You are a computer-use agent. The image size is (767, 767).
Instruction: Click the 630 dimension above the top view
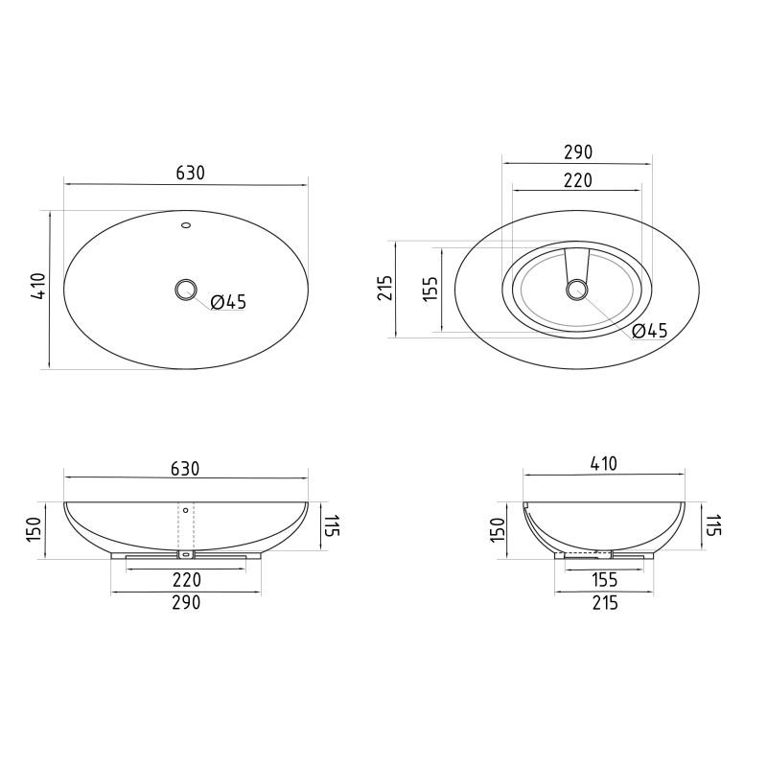[190, 174]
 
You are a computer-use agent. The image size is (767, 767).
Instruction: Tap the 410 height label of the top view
[38, 286]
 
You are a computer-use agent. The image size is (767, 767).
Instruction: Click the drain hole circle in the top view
[186, 290]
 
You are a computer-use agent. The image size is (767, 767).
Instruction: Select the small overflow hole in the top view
[186, 225]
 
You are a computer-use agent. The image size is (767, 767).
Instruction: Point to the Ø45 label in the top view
[228, 302]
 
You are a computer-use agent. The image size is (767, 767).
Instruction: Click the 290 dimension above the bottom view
[578, 152]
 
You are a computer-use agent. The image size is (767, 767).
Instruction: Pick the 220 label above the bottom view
[578, 180]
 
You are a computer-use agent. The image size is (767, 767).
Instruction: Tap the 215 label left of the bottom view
[385, 289]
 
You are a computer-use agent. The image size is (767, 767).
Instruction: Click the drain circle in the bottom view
[577, 290]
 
